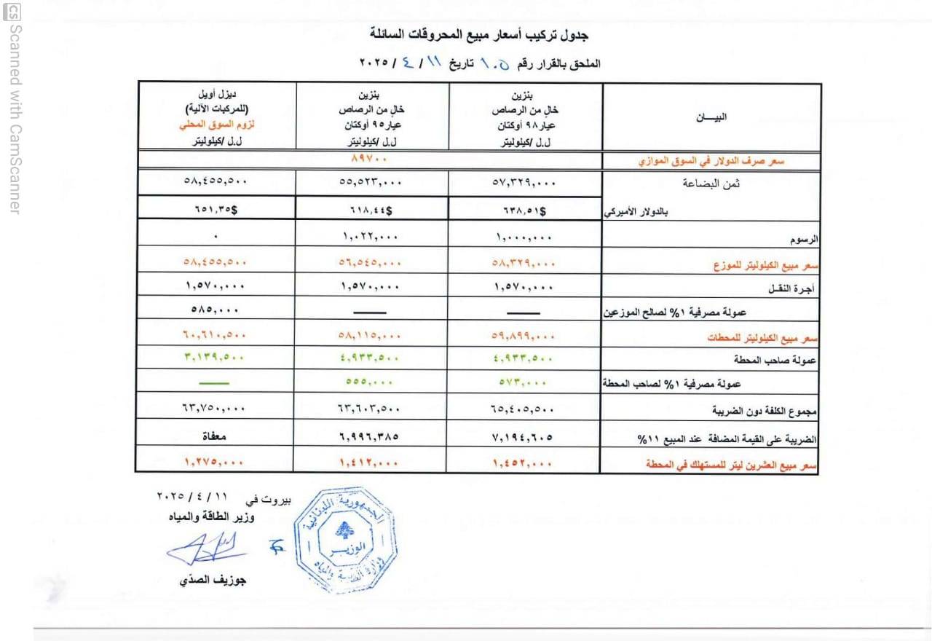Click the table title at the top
pos(478,34)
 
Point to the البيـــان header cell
pos(711,117)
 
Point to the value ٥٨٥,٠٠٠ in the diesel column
pos(216,308)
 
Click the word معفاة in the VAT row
pos(216,438)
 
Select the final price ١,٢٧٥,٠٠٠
pos(216,462)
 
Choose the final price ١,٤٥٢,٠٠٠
pos(524,462)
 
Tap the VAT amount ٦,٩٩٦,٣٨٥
pos(371,438)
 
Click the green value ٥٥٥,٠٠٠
pos(371,382)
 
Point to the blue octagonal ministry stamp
pos(344,540)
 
